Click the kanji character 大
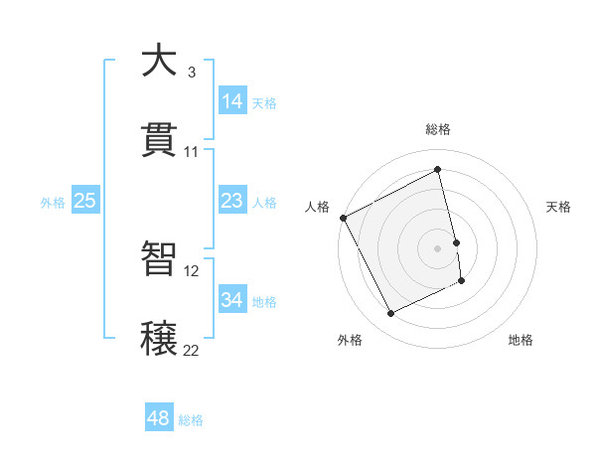160,62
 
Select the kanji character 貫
160,140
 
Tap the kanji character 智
160,258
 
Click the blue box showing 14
231,101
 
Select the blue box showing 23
231,201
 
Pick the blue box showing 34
231,300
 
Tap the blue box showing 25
84,201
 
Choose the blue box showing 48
159,418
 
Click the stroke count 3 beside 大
192,73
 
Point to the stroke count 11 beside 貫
192,152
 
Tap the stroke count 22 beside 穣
192,350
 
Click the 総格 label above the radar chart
437,129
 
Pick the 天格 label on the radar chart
558,207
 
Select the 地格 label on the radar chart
521,341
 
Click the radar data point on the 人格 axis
343,218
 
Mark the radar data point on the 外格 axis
390,314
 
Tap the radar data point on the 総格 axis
437,170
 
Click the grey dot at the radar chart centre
437,248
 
